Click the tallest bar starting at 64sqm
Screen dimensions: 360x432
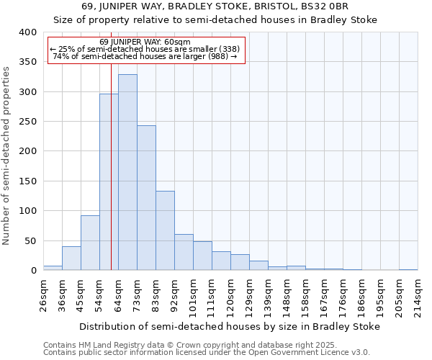click(127, 173)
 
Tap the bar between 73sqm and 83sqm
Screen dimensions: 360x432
click(146, 198)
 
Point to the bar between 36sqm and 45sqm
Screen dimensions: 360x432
click(71, 258)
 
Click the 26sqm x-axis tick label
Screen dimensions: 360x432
click(43, 292)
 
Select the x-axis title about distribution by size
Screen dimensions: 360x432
click(229, 326)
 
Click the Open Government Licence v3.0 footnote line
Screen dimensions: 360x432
click(207, 353)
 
